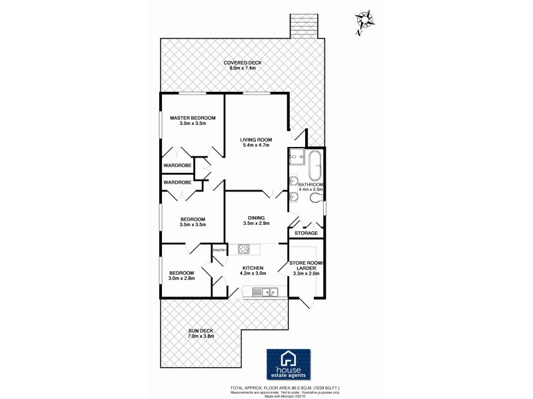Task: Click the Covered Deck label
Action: tap(243, 63)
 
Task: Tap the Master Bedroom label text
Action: tap(193, 118)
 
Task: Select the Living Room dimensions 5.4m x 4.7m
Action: tap(255, 145)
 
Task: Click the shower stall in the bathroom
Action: tap(296, 159)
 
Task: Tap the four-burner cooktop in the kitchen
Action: tap(244, 251)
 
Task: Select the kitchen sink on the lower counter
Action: tap(269, 291)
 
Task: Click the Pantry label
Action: tap(220, 249)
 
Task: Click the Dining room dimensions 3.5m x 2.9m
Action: tap(255, 223)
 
